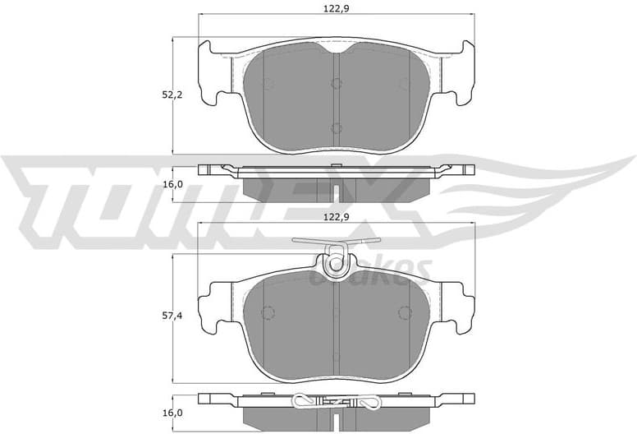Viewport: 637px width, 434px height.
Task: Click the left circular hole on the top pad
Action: coord(267,83)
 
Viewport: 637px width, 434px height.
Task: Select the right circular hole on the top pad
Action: coord(404,83)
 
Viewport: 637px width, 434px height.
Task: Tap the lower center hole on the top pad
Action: coord(336,127)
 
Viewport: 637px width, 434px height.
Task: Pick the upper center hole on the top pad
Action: coord(336,83)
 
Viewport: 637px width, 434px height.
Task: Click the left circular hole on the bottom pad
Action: coord(267,312)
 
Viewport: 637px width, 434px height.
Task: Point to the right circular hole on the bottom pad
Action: coord(404,312)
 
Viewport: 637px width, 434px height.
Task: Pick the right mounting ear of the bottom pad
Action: coord(459,306)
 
